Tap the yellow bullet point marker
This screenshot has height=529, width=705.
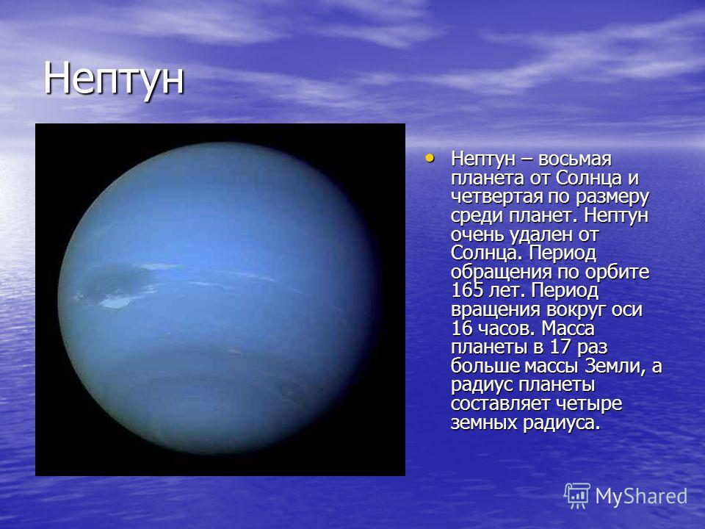430,158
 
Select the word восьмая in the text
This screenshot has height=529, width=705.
574,159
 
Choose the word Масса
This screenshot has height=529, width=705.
568,329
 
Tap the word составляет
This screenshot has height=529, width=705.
501,404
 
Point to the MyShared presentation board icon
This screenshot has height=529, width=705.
577,496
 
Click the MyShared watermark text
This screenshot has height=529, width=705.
641,497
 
